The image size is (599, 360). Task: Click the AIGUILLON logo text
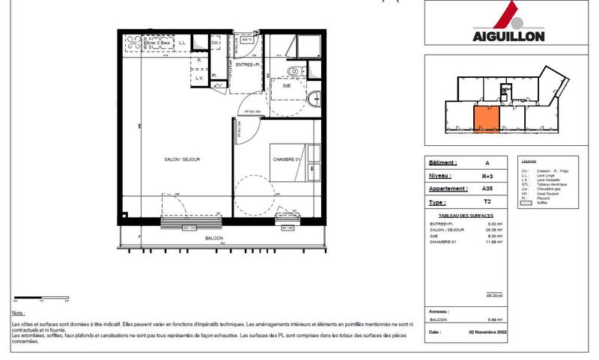point(508,35)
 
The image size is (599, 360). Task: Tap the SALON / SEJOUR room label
point(182,159)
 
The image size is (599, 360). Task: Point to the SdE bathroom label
point(287,86)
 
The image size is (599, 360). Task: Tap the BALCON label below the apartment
point(214,238)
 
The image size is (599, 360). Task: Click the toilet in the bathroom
point(294,72)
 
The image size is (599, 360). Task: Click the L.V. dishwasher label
point(200,79)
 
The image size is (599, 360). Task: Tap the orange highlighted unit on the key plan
point(485,118)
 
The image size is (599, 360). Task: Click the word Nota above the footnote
point(18,313)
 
